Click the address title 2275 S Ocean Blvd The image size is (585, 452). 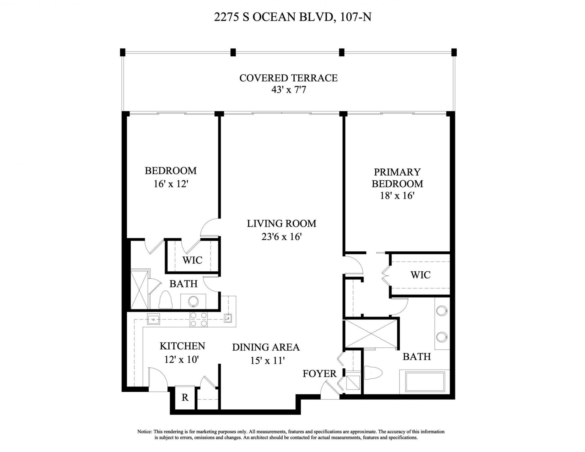tap(292, 17)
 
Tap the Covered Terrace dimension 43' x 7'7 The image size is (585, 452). tap(288, 90)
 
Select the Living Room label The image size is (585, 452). tap(281, 224)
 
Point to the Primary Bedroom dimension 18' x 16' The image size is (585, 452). tap(397, 196)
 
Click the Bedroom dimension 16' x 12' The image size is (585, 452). tap(170, 184)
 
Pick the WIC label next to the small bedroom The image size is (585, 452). tap(192, 260)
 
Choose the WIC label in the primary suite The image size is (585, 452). tap(420, 275)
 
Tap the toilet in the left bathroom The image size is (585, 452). tap(166, 300)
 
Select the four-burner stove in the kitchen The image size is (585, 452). tap(198, 320)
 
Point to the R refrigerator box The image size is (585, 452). tap(185, 397)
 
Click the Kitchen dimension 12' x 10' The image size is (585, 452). tap(182, 360)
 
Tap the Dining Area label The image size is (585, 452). tap(266, 347)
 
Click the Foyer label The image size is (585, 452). tap(319, 373)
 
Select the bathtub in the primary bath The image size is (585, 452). tap(424, 381)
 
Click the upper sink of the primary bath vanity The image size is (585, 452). tap(441, 311)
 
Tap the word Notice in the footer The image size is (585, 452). tap(144, 432)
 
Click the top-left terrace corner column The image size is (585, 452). tap(122, 52)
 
